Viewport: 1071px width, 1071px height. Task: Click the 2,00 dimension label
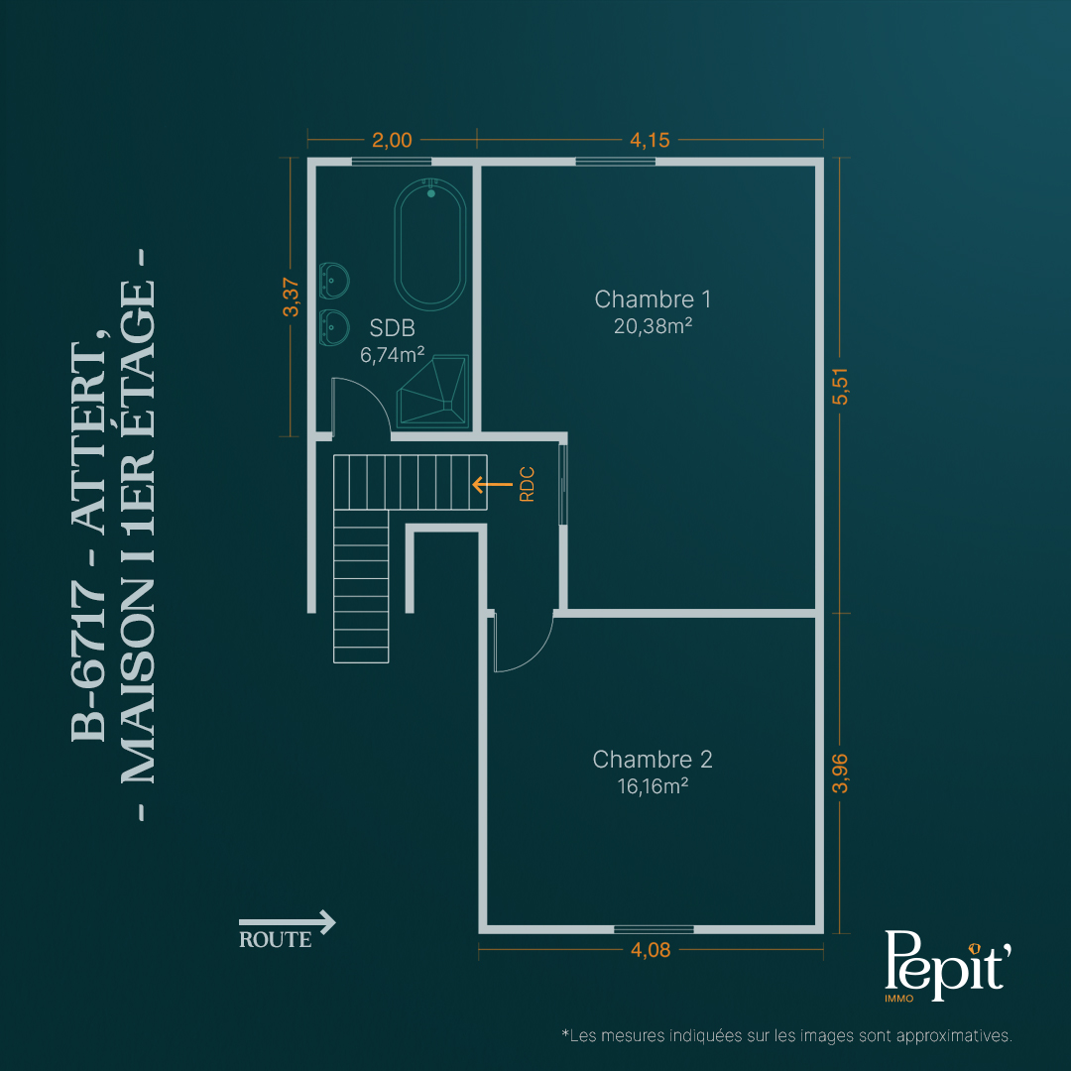[392, 140]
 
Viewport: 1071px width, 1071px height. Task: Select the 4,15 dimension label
[650, 140]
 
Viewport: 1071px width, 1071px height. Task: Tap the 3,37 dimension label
[291, 297]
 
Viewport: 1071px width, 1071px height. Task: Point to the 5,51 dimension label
[840, 386]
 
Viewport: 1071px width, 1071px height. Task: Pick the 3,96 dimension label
[840, 773]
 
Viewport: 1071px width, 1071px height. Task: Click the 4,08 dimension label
[651, 950]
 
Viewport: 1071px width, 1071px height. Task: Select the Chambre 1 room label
[653, 299]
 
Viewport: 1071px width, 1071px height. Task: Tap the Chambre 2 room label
[653, 760]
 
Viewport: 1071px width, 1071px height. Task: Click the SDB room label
[392, 328]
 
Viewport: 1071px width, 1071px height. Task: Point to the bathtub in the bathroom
[430, 243]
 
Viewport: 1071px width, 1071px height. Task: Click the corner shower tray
[433, 392]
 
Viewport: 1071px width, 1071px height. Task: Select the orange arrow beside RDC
[492, 484]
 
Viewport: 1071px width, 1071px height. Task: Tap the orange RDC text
[527, 484]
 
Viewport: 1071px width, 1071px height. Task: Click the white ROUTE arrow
[287, 922]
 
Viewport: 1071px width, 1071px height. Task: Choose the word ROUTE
[276, 940]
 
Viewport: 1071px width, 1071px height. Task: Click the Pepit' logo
[947, 965]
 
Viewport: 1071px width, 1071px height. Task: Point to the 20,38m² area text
[653, 326]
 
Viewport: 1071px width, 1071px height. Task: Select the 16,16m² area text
[653, 786]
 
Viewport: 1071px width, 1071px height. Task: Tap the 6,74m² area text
[392, 354]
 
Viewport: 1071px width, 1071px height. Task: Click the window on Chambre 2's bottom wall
[654, 929]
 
